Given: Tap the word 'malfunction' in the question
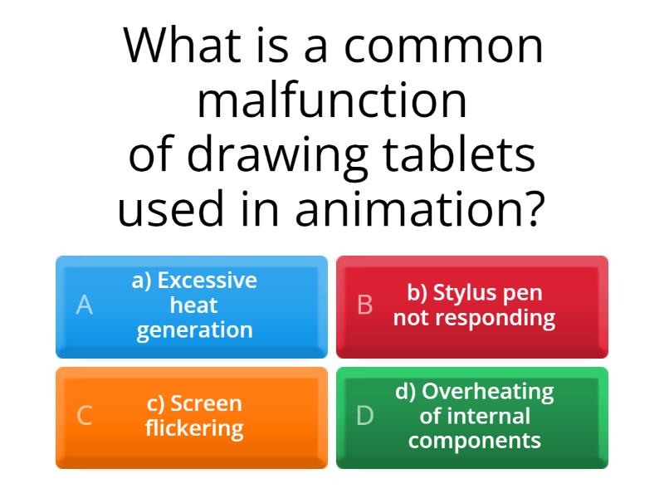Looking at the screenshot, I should coord(332,100).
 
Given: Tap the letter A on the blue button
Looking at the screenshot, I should coord(84,305).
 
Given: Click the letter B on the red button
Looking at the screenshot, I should coord(364,305).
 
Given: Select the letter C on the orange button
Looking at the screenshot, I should coord(84,416).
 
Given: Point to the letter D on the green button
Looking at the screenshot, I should coord(364,416).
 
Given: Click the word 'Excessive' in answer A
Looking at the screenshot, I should coord(207,281).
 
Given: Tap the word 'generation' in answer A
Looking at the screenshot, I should coord(194,330).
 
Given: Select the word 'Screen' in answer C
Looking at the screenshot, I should coord(206,403).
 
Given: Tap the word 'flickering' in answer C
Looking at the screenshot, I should coord(194,428).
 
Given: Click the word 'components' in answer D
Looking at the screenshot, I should coord(474,441).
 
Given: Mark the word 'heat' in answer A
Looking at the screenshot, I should coord(194,305).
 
